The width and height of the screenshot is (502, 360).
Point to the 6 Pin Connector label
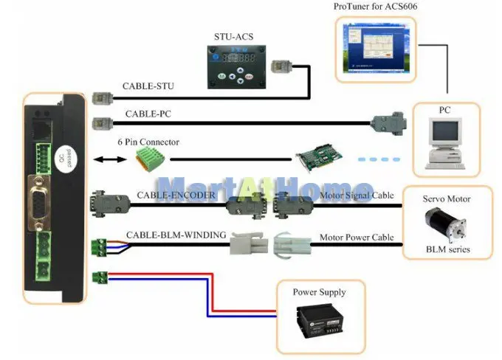[x=148, y=142]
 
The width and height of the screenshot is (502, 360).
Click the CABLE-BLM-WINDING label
[x=176, y=235]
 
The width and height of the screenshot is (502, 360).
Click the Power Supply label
[x=319, y=292]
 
